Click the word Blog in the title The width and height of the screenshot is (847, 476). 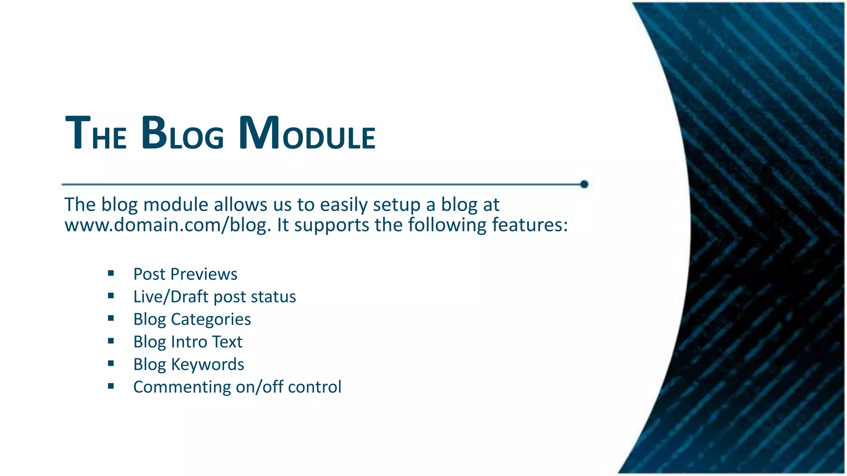point(182,133)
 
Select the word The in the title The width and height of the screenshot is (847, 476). point(96,133)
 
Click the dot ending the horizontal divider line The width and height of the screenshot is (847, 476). point(584,184)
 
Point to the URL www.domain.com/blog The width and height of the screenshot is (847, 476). point(167,226)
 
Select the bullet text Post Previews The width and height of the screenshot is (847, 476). point(185,274)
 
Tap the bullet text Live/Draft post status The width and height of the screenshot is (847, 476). point(214,297)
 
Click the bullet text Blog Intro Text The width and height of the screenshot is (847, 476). point(187,342)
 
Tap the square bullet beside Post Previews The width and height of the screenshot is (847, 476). point(111,273)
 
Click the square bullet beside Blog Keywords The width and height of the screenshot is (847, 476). point(111,364)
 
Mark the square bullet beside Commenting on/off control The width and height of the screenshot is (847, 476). point(111,386)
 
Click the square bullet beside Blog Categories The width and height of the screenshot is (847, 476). point(111,318)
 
